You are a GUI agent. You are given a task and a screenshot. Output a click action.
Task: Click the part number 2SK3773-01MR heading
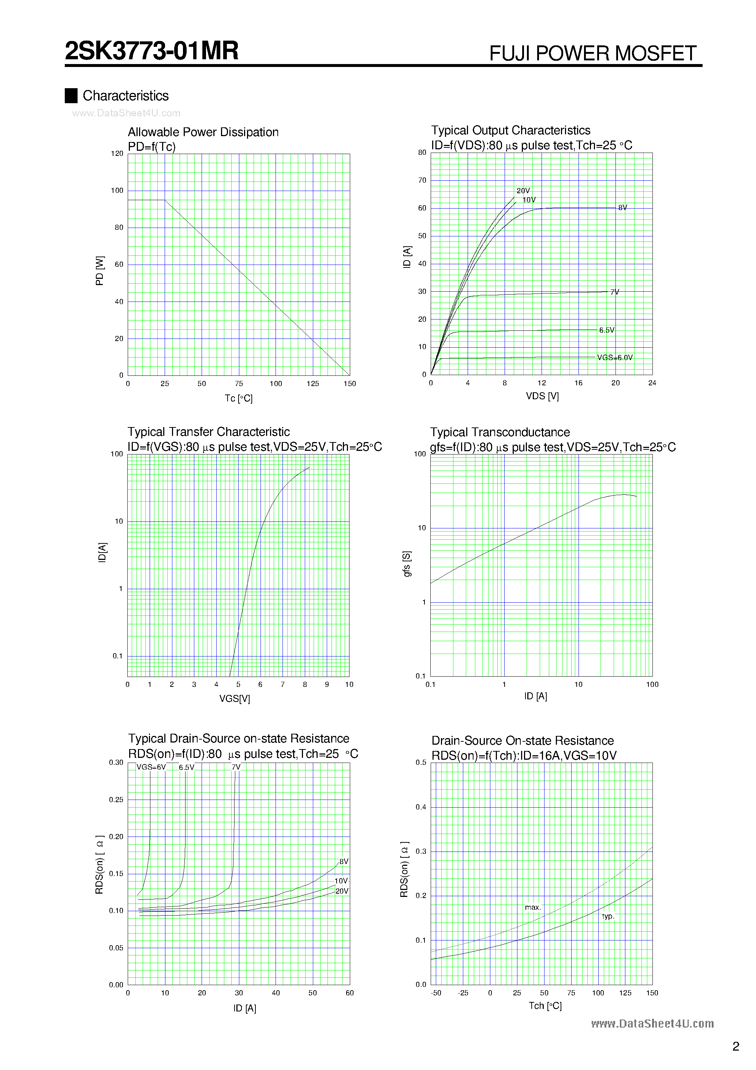[151, 51]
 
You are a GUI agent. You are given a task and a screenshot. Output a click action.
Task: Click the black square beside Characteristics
[71, 96]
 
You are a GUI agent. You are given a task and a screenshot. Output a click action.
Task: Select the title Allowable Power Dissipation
[203, 132]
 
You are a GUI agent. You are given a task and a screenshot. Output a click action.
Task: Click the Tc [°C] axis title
[239, 399]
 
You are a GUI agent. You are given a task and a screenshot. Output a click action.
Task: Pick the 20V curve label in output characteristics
[523, 191]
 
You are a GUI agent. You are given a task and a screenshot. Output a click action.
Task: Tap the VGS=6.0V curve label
[615, 358]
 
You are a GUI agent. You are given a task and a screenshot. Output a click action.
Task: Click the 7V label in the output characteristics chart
[615, 292]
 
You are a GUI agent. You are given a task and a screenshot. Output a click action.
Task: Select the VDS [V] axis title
[542, 396]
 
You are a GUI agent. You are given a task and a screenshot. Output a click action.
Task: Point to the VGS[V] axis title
[235, 699]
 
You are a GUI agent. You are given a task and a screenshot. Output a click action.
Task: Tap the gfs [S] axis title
[407, 564]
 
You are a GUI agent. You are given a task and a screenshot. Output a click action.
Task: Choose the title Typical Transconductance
[499, 433]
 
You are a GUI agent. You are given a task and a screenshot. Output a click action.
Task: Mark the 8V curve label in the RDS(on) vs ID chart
[344, 862]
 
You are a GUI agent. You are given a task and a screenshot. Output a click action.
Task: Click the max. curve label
[533, 908]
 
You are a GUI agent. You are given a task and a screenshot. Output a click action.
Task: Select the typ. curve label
[608, 916]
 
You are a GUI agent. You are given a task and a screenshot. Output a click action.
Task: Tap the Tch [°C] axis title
[545, 1006]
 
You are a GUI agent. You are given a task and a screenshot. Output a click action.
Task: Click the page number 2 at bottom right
[736, 1047]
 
